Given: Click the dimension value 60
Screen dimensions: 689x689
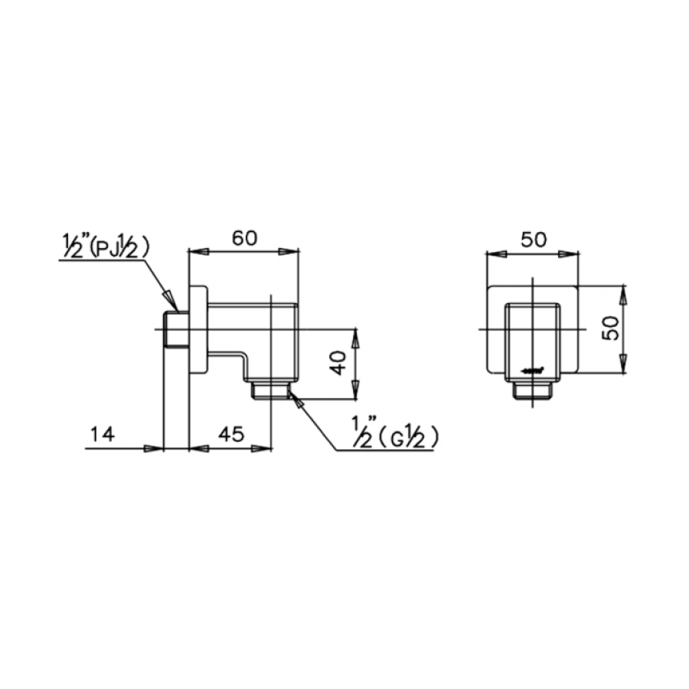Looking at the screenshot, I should (243, 237).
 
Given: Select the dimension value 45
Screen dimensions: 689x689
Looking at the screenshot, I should (230, 434).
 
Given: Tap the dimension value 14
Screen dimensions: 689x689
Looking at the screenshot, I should (101, 434).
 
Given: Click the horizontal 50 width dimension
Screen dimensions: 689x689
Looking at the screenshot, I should (533, 239).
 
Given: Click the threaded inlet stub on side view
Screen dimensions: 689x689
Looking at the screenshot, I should (176, 329).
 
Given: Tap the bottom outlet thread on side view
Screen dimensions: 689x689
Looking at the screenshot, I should (270, 390).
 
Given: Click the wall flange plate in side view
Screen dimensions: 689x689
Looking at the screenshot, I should (198, 329).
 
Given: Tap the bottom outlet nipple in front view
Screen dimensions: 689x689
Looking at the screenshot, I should (532, 390).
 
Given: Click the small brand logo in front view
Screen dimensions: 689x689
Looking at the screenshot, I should (534, 371).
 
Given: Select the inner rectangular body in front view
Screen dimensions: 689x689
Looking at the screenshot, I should (532, 337).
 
